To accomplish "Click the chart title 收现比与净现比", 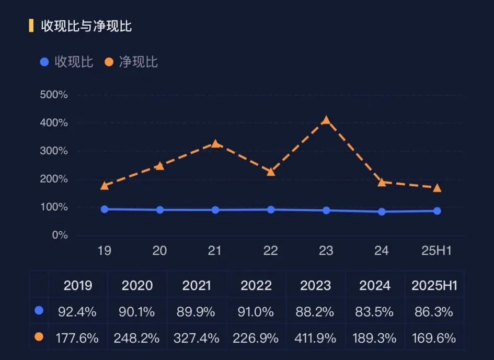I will (x=86, y=26).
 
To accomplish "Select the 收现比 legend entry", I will (x=67, y=62).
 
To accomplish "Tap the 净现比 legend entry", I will (x=131, y=62).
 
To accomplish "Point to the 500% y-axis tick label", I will (x=54, y=95).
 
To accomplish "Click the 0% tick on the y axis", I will (x=60, y=235).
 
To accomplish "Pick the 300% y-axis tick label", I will (x=54, y=151).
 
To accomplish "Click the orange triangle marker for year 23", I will (x=326, y=120).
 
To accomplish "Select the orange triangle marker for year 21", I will (x=215, y=144).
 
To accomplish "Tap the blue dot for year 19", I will (x=105, y=209).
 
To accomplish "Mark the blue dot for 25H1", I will (x=437, y=211).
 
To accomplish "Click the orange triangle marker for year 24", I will (x=382, y=183).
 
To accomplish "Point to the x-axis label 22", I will (x=270, y=251).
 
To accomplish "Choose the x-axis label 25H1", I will (x=437, y=251).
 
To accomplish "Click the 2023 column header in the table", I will (x=315, y=285).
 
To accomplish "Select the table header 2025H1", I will (x=434, y=285).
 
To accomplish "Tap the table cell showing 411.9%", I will (x=315, y=338).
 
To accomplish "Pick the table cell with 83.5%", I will (x=375, y=312).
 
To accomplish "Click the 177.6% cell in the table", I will (x=77, y=338).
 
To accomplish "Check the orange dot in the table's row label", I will (x=39, y=337).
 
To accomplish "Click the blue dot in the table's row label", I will (x=39, y=311).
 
